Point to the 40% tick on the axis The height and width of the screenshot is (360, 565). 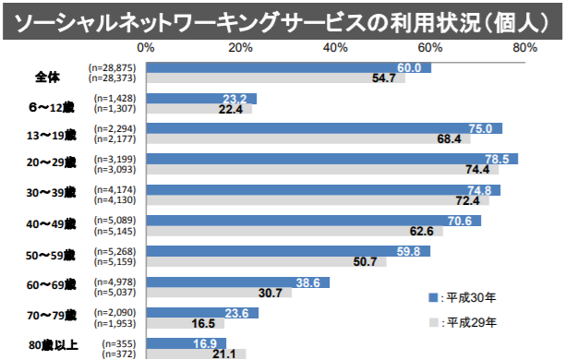click(x=335, y=47)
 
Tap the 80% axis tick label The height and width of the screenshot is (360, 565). click(x=524, y=47)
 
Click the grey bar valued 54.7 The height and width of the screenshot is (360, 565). click(x=275, y=78)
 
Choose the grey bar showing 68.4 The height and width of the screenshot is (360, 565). click(x=308, y=139)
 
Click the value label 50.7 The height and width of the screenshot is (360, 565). click(x=365, y=262)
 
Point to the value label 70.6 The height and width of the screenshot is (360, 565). click(x=460, y=221)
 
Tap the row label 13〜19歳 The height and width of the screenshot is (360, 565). click(x=54, y=134)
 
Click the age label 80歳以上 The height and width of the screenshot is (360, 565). click(x=53, y=346)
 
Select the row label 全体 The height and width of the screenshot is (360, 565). click(x=47, y=74)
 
